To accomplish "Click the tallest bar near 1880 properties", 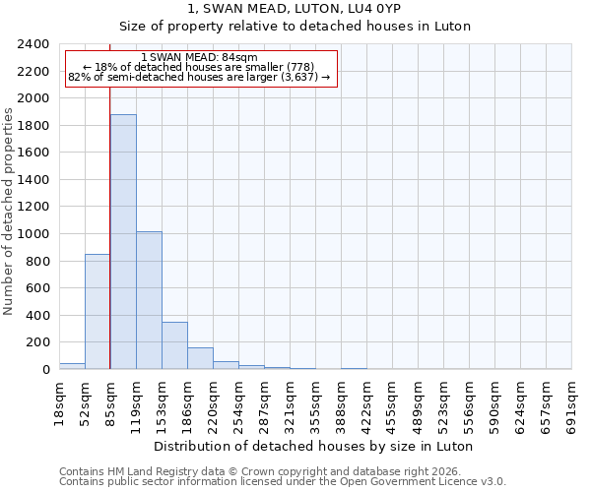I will point(123,242).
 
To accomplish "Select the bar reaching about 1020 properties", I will point(149,300).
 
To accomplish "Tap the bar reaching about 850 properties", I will point(98,311).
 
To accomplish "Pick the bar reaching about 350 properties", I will point(174,345).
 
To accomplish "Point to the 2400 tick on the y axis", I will point(33,44).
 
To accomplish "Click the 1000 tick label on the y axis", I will point(33,234).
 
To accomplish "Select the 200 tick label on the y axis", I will point(37,342).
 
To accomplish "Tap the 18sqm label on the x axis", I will point(59,402).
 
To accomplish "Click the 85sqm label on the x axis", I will point(110,402).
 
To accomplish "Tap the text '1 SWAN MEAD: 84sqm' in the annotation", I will point(200,58).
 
